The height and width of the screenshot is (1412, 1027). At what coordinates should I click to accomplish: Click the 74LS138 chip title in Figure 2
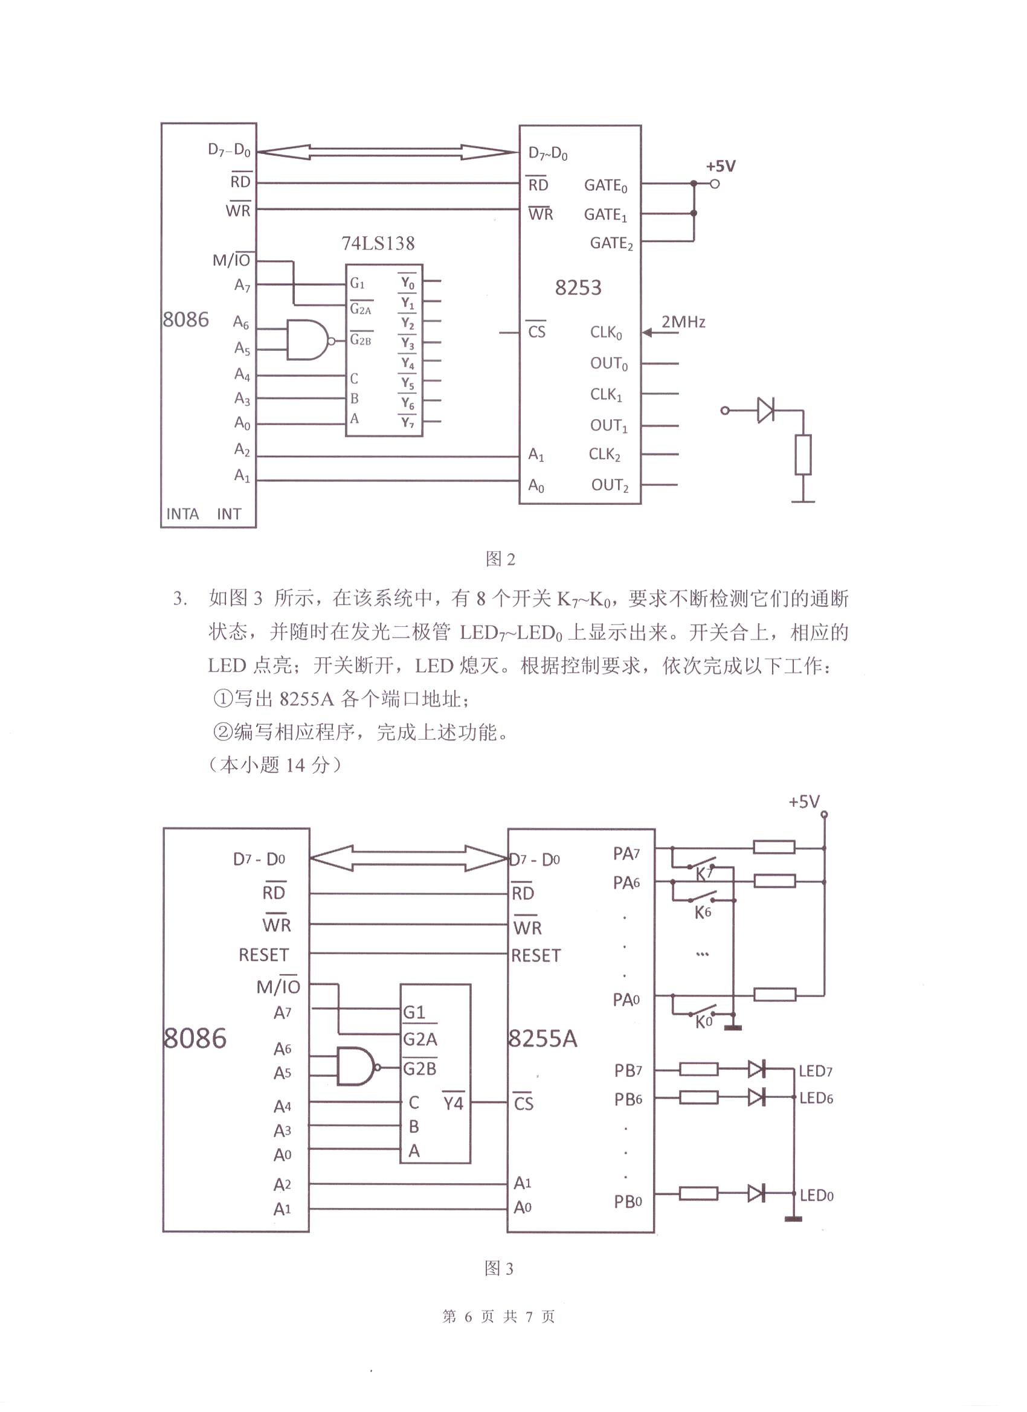click(378, 243)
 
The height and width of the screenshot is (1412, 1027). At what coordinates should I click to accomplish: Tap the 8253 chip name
click(578, 287)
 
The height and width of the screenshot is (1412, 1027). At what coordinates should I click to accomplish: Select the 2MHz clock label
click(683, 322)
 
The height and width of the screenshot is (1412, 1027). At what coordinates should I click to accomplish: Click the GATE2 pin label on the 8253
click(611, 243)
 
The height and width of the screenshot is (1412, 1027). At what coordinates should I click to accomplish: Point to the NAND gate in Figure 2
click(307, 340)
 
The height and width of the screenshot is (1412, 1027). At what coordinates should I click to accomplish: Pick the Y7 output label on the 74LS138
click(407, 423)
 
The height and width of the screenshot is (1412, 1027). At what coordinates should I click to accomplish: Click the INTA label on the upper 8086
click(182, 513)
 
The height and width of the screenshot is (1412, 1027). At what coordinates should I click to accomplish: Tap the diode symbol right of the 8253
click(765, 410)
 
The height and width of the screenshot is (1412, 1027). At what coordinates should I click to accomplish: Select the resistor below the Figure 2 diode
click(803, 455)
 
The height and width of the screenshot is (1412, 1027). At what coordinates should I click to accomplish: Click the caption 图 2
click(500, 559)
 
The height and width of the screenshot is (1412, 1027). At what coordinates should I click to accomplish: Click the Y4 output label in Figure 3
click(452, 1103)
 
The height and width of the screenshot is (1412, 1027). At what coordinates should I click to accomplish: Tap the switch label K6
click(703, 913)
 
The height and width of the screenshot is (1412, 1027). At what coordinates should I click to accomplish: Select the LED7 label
click(815, 1071)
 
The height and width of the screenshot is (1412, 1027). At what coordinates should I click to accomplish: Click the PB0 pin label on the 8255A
click(628, 1202)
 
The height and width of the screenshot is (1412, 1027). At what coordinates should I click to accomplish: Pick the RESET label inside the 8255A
click(536, 955)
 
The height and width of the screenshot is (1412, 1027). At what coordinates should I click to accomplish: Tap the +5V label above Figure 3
click(804, 802)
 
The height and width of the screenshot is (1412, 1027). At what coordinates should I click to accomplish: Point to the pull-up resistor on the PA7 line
click(773, 847)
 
